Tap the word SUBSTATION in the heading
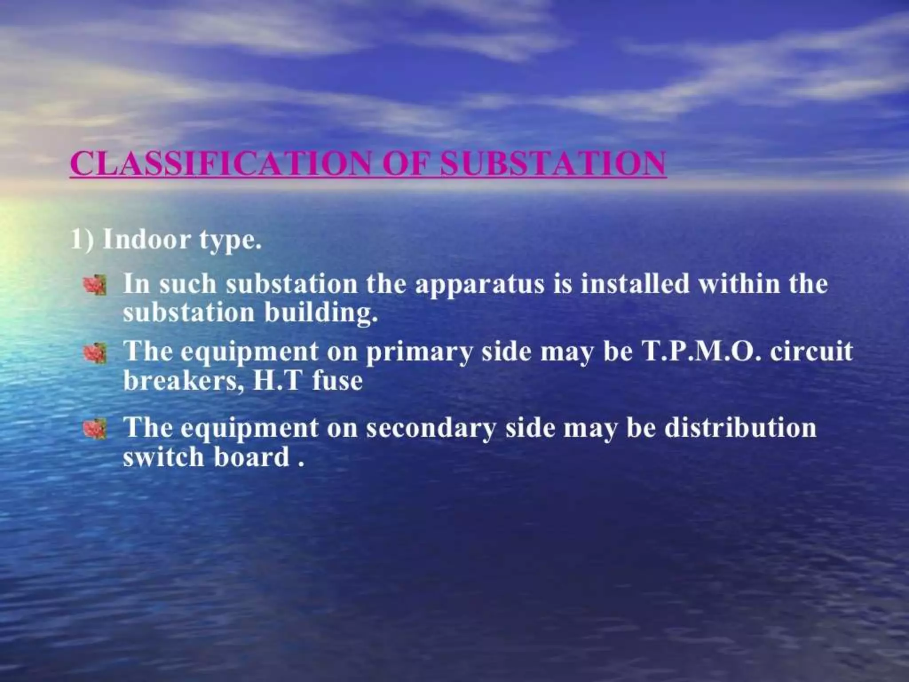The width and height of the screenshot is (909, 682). coord(553,163)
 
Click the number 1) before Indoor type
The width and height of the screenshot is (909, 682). coord(83,240)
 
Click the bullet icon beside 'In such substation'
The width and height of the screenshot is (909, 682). coord(95,285)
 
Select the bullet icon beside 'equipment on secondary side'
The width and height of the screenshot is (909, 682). coord(95,429)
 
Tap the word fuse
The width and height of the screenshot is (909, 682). coord(337,381)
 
